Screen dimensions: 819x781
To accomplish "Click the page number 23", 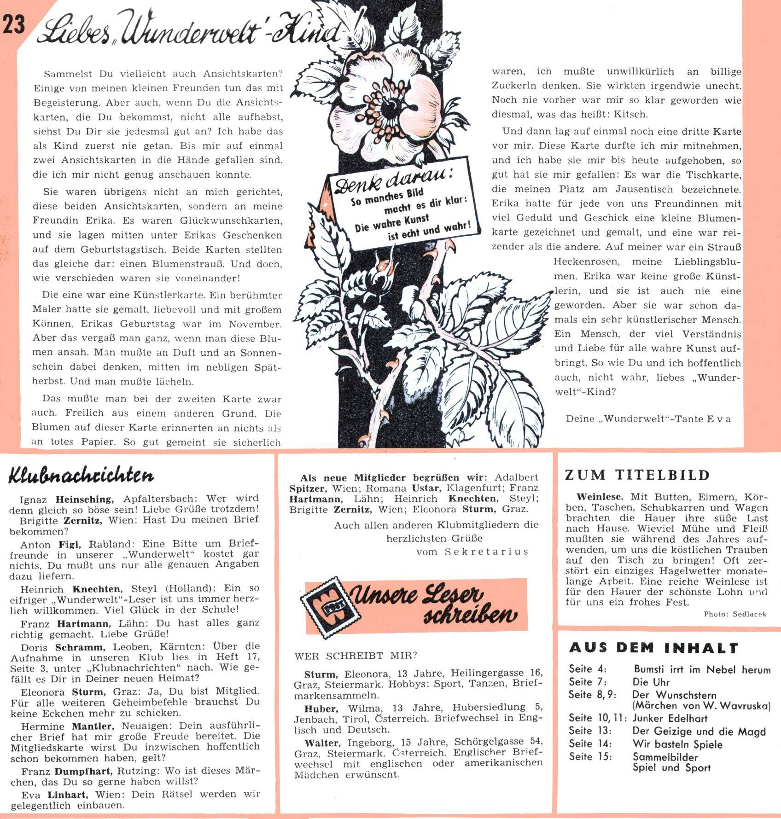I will [x=14, y=24].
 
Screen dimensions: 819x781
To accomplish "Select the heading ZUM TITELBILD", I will [x=638, y=475].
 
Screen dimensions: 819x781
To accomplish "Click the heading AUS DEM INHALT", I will [x=654, y=648].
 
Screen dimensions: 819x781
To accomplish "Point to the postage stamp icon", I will [x=325, y=607].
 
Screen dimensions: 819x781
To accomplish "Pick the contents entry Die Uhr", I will [x=651, y=682].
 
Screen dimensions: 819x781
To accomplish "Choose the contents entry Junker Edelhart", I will [x=670, y=718].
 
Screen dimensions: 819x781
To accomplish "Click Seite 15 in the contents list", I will [x=590, y=756].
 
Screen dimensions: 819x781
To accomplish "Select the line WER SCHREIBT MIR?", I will [x=356, y=656].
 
